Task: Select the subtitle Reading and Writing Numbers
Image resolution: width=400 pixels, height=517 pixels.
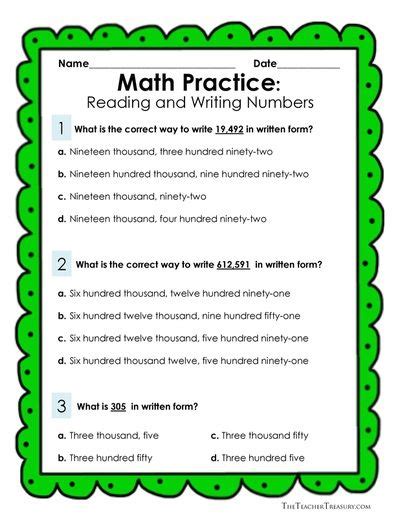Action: [x=200, y=102]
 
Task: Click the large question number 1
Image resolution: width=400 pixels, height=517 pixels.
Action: [x=62, y=128]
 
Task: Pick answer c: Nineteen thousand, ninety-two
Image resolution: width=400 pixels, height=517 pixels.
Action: [x=141, y=196]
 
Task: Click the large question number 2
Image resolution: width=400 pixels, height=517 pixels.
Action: [x=62, y=264]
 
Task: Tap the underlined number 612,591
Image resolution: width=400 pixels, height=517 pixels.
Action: [x=232, y=265]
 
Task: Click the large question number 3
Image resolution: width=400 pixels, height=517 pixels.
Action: [x=62, y=406]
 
